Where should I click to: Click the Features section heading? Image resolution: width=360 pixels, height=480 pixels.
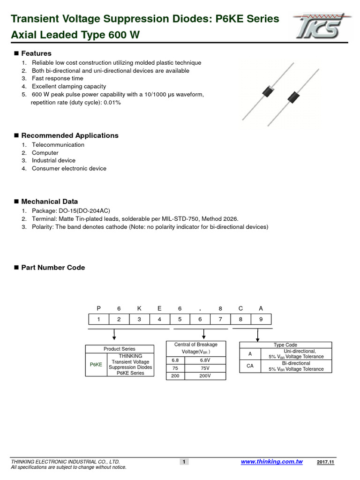click(36, 53)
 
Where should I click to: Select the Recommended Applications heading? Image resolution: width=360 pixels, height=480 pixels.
click(69, 135)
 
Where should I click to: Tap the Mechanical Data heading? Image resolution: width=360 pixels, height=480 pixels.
click(49, 202)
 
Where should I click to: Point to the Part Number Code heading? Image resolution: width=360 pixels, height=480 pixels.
click(53, 268)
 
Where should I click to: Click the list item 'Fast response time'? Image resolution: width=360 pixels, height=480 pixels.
click(57, 78)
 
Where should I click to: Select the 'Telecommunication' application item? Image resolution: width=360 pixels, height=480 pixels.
click(58, 145)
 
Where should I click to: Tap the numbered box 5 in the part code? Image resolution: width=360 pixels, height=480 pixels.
click(180, 320)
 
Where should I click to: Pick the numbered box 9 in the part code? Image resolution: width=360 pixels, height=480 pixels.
click(261, 320)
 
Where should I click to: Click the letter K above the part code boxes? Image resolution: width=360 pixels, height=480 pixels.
click(139, 308)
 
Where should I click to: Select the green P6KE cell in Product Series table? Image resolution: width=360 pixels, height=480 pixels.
click(96, 365)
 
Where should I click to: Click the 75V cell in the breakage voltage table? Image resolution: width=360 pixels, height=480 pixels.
click(205, 368)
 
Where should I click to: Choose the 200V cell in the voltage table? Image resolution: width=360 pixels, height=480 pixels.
click(205, 376)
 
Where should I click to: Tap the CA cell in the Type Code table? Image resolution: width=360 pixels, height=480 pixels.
click(250, 366)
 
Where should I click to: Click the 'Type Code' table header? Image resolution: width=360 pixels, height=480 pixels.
click(285, 345)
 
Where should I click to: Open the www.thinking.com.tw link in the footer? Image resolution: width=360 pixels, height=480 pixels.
click(271, 462)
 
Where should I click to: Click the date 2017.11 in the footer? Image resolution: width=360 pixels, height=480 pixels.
click(325, 462)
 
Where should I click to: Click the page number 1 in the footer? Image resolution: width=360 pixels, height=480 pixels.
click(184, 462)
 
